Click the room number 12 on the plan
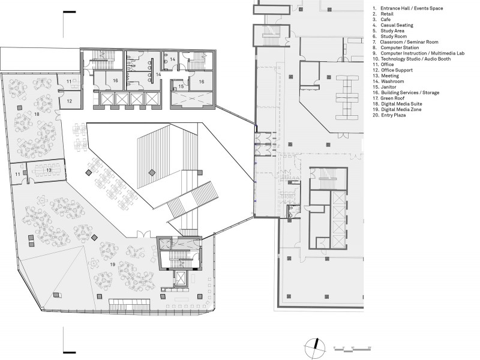69,101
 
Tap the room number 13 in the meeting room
49,170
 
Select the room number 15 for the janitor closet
181,86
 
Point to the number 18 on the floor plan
37,114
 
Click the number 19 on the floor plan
112,264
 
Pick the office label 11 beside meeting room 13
18,174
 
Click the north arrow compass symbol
315,348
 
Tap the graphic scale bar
352,349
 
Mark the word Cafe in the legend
386,20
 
